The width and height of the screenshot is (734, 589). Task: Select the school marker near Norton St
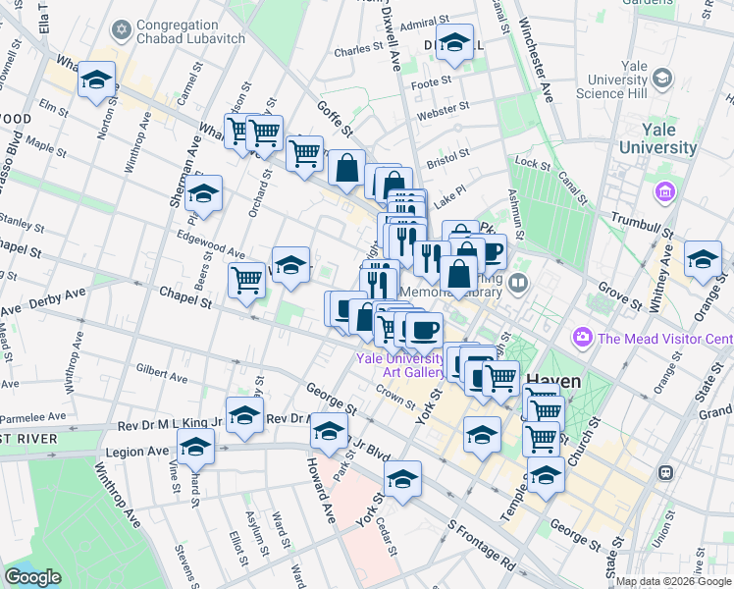point(96,80)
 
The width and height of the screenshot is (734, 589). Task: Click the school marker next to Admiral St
point(454,43)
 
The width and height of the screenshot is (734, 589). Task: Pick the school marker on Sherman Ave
point(203,194)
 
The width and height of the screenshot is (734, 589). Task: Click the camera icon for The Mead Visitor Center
point(585,339)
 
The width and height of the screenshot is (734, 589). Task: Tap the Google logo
point(32,577)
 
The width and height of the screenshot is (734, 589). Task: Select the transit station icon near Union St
point(666,472)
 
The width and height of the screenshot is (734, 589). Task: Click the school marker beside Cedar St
point(402,480)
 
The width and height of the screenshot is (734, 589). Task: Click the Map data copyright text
point(674,581)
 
